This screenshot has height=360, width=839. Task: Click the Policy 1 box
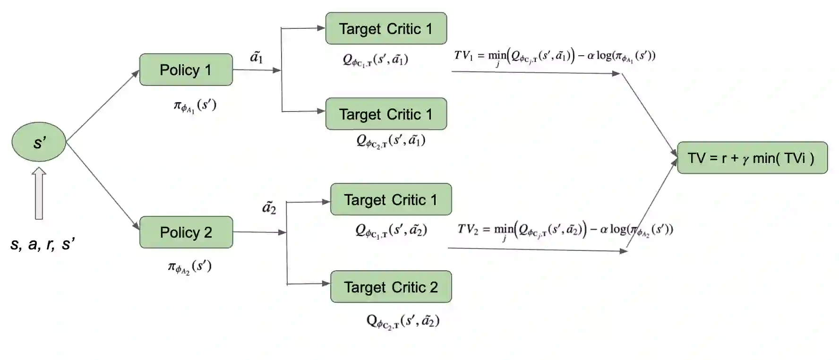186,70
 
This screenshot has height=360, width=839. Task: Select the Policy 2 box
186,232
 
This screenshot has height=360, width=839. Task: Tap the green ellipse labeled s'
39,142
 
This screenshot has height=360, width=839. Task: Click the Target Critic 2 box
391,287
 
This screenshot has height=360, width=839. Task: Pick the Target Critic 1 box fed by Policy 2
391,199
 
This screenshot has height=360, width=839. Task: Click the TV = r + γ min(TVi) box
752,158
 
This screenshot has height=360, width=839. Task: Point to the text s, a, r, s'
43,244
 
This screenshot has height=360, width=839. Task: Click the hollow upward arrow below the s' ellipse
39,193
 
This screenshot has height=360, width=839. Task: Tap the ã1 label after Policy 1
256,57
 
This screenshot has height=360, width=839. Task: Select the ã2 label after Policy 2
269,207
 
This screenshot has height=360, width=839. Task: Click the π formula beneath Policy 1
195,105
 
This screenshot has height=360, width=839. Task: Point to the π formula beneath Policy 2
189,267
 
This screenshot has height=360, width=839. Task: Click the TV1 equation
555,57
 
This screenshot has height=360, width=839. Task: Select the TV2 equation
565,230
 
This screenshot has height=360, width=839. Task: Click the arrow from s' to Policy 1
103,106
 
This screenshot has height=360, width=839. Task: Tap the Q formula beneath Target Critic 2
403,321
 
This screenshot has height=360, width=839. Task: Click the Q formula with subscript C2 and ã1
391,141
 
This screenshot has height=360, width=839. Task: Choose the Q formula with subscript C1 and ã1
375,60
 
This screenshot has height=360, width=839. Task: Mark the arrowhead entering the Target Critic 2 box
325,283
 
